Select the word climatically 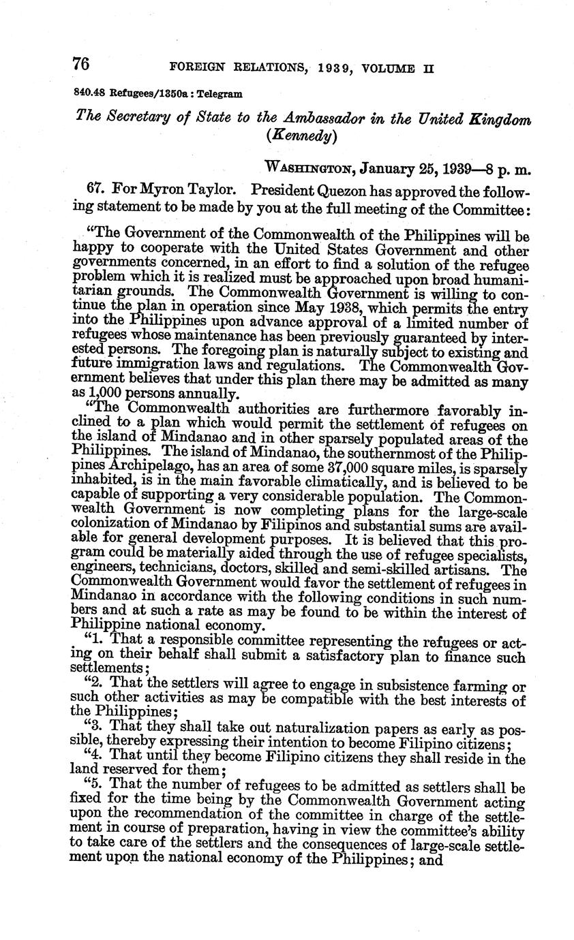tap(327, 482)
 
